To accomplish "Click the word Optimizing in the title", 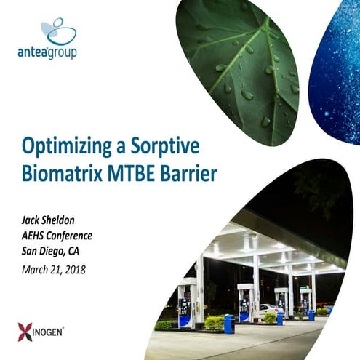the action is tap(67, 147).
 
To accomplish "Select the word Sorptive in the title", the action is tap(165, 147).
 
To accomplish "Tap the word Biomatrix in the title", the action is tap(62, 174).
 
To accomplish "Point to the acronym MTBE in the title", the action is tap(131, 174).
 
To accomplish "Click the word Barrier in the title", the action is tap(188, 174).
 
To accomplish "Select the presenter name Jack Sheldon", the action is tap(48, 220).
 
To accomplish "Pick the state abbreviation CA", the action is tap(73, 251).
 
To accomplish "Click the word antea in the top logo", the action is tap(32, 52).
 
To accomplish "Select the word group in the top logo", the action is tap(62, 53).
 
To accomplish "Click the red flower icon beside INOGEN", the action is tap(25, 332).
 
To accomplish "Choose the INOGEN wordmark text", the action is tap(48, 332).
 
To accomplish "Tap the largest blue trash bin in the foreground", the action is tap(229, 324).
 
